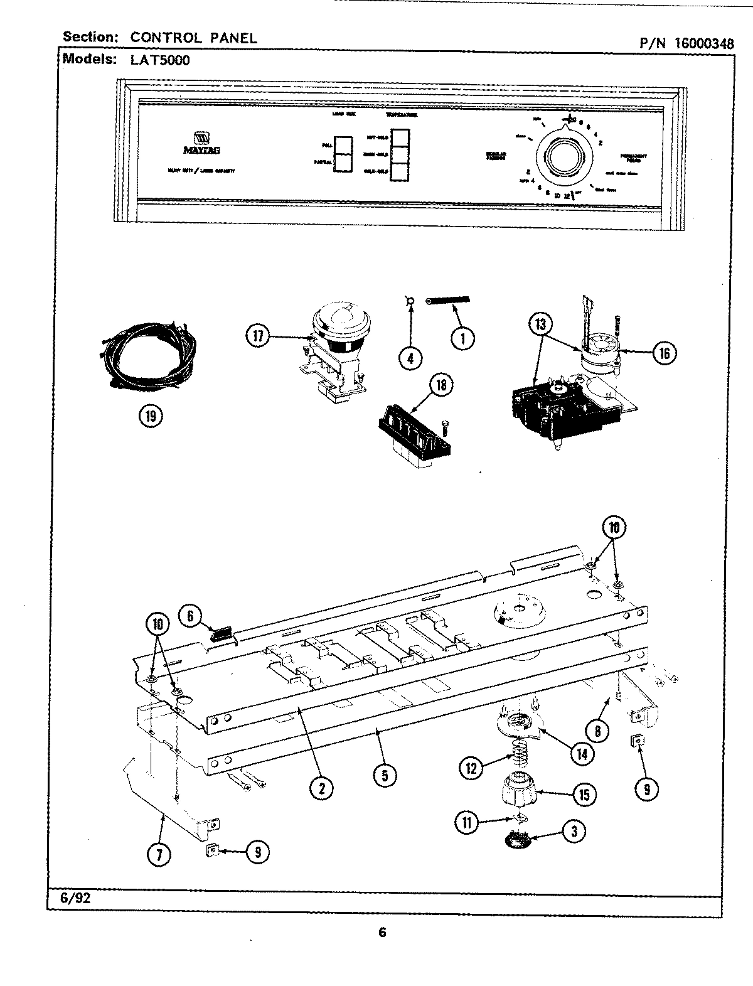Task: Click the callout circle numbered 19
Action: [x=150, y=415]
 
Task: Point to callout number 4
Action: [x=410, y=358]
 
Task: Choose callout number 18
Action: [x=441, y=385]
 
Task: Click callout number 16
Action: [x=664, y=353]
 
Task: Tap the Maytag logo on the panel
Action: [x=197, y=142]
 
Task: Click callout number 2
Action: [x=321, y=789]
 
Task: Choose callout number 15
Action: [x=584, y=795]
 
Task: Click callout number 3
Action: [x=573, y=832]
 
